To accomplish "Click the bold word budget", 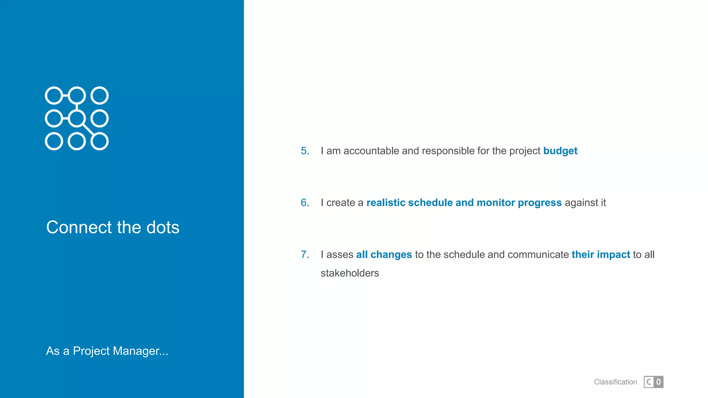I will (560, 151).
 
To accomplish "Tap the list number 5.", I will (305, 151).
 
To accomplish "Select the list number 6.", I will (305, 203).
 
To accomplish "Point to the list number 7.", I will (305, 255).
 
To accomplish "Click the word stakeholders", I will (350, 273).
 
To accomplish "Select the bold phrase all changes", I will (384, 255).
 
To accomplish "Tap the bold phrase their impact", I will (600, 255).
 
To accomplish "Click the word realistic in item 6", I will (385, 203).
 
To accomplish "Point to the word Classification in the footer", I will (615, 382).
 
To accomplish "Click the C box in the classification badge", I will (649, 382).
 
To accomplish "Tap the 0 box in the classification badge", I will (659, 382).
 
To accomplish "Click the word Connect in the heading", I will (79, 228).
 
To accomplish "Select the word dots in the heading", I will (162, 228).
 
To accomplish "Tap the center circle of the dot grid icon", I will (77, 119).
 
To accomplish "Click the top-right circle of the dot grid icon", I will (100, 96).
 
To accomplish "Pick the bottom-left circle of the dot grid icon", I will (54, 141).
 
